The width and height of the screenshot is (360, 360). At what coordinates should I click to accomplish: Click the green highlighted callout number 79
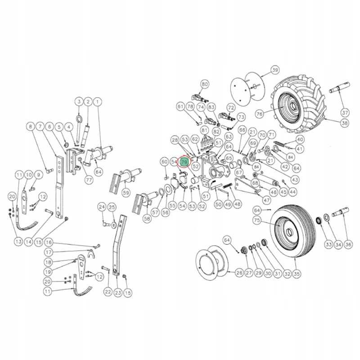184,161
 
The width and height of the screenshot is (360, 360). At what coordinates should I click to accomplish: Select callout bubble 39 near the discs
274,70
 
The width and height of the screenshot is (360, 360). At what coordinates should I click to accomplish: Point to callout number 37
345,112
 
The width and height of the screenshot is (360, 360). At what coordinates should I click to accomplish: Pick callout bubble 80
205,84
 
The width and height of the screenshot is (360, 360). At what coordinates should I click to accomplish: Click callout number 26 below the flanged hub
239,272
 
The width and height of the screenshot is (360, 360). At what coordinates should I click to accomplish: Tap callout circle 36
349,244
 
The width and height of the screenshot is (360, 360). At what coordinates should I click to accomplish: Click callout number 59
126,193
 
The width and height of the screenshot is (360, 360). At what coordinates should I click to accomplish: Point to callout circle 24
102,207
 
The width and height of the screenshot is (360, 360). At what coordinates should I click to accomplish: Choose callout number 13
18,242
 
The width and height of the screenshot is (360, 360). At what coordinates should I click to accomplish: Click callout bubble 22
108,292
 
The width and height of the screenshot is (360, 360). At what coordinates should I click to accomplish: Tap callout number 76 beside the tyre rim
260,114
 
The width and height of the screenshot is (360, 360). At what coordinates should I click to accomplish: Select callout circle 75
257,220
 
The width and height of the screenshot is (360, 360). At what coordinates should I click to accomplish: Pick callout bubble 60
164,162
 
